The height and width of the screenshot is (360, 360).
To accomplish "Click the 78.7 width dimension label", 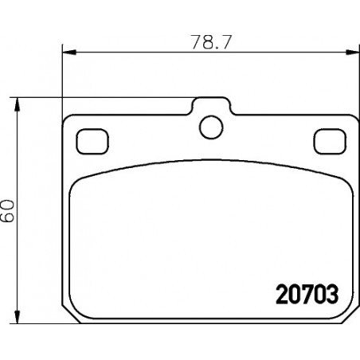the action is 212,42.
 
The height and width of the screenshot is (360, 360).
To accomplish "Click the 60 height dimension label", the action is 7,211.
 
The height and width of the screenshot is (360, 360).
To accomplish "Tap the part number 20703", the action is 307,294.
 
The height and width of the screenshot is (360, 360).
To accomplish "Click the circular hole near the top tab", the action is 211,127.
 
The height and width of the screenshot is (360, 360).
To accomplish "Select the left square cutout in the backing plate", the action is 92,141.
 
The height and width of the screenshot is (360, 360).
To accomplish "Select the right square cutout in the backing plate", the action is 330,141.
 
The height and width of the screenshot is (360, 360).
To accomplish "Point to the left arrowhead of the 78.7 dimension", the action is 69,53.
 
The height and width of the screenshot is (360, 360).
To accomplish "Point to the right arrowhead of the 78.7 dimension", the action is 353,53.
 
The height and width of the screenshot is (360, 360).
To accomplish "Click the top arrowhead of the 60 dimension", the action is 17,104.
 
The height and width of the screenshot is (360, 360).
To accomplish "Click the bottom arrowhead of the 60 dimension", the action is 17,316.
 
